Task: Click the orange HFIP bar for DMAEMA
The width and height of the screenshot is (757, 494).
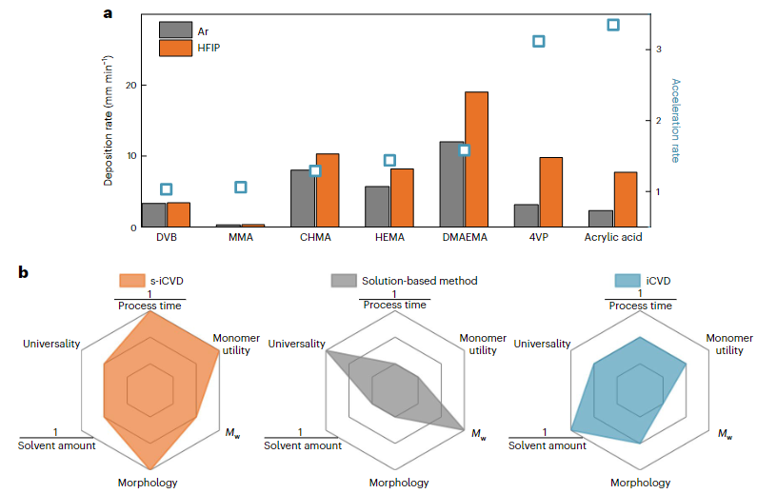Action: [x=476, y=159]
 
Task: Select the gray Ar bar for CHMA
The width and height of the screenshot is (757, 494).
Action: [x=302, y=198]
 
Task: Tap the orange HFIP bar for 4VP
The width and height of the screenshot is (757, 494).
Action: [x=550, y=191]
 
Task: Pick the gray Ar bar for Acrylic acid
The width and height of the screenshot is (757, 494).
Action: [x=601, y=218]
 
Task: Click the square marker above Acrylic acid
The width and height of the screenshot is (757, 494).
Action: [x=613, y=25]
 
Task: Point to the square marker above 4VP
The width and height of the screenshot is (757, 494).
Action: [x=538, y=41]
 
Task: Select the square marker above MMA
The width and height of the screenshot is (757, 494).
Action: [x=241, y=188]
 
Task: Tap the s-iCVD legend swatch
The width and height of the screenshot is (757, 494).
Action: [x=131, y=280]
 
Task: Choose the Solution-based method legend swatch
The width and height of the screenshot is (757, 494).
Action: [x=343, y=280]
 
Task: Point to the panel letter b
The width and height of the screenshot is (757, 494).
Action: [x=24, y=273]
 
